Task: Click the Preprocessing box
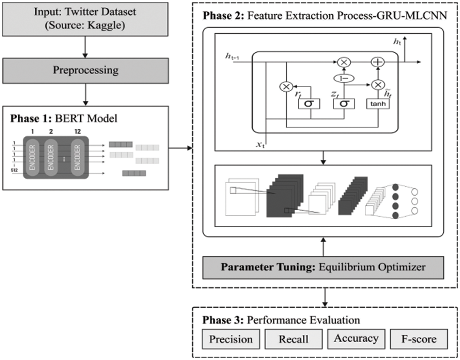[85, 70]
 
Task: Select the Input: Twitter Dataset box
[85, 19]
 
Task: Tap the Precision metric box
[231, 339]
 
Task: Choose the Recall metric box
[293, 339]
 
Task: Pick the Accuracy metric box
[356, 338]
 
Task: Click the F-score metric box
[419, 339]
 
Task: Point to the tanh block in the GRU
[378, 104]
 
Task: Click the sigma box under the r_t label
[309, 104]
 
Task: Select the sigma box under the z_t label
[344, 104]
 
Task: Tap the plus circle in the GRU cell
[377, 62]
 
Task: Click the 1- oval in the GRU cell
[344, 78]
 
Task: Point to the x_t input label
[260, 144]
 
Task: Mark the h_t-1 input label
[232, 56]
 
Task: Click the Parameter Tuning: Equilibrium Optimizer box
[323, 267]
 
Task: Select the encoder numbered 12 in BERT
[77, 157]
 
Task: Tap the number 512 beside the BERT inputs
[14, 170]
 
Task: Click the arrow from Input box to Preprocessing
[85, 47]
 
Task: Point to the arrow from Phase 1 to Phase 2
[180, 148]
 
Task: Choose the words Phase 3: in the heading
[223, 320]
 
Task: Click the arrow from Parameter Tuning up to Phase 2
[323, 246]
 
